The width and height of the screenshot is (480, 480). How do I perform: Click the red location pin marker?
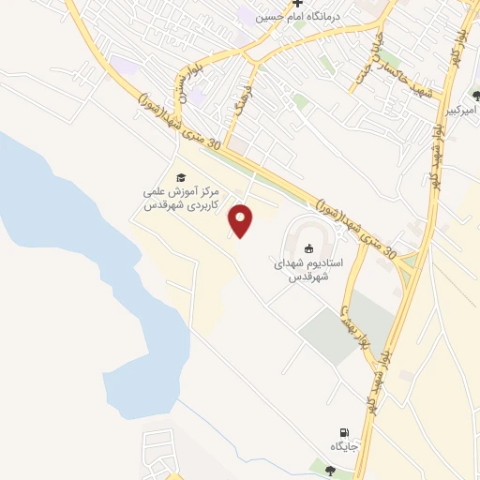pos(241,219)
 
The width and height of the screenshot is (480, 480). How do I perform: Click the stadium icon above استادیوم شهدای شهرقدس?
pos(310,247)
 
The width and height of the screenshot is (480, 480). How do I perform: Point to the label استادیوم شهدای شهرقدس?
pos(310,272)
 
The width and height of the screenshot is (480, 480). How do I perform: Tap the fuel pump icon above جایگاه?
pos(344,431)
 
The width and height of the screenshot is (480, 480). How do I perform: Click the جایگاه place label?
pos(344,446)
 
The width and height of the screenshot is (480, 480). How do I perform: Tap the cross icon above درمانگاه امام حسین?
pos(298,3)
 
